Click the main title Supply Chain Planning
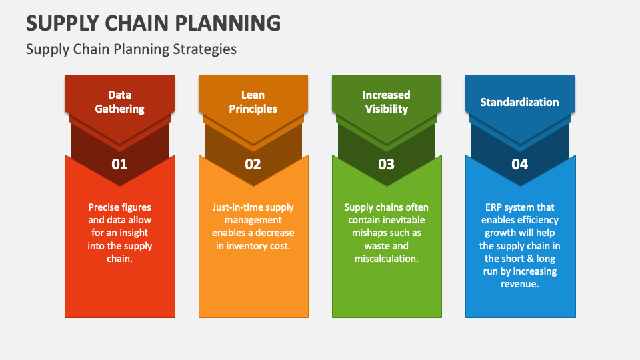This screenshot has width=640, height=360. coord(153,23)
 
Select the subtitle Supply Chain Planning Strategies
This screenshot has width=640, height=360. coord(131,49)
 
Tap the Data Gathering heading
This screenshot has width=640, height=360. coord(119,101)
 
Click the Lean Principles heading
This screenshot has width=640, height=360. coord(253,101)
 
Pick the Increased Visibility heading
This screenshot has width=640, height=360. coord(386,101)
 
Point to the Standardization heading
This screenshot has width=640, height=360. coord(519,102)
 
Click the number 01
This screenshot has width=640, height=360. coord(119,164)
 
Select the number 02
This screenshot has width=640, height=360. coord(253,164)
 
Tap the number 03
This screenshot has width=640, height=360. coord(386,164)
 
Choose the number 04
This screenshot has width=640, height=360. coord(519,164)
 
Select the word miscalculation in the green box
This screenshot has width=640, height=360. coord(386,259)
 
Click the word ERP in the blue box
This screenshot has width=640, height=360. coord(495,207)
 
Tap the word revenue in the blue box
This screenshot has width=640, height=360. coord(519,284)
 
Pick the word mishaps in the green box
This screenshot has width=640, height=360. coord(369,233)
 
